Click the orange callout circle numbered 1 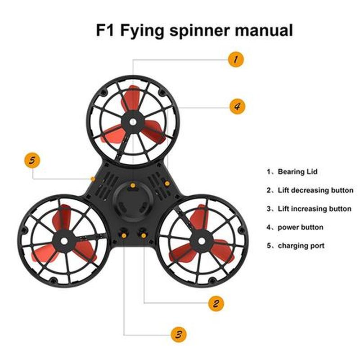pos(236,59)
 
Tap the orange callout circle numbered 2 pos(216,303)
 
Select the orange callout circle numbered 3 pos(179,334)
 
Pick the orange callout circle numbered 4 pos(238,106)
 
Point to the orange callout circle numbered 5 pos(32,160)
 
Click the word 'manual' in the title pos(264,30)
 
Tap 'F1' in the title pos(105,30)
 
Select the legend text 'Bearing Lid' pos(297,171)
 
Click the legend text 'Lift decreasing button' pos(315,190)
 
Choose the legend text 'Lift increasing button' pos(315,209)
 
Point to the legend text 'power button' pos(301,227)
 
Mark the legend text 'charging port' pos(301,246)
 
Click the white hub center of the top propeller pos(133,122)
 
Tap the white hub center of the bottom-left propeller pos(64,241)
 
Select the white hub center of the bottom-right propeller pos(202,241)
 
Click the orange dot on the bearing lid pos(133,185)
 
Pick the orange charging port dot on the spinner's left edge pos(93,179)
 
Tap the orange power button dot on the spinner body pos(167,184)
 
